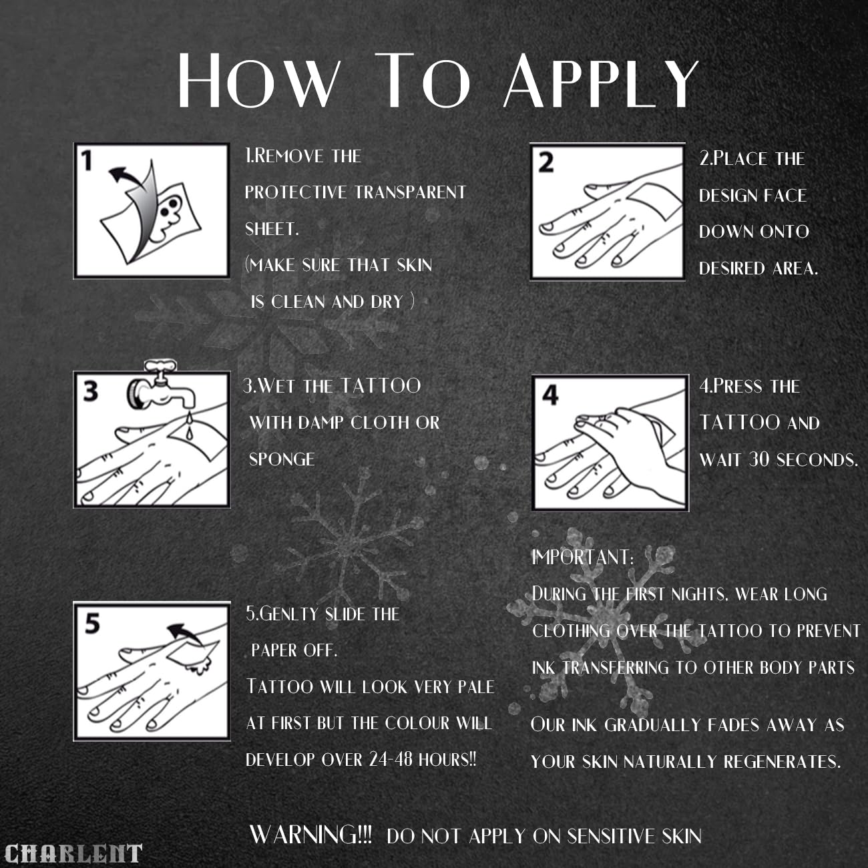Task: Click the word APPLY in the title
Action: point(601,81)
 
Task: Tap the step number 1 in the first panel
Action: point(87,160)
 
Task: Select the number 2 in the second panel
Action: point(546,163)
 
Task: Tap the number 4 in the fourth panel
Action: point(550,395)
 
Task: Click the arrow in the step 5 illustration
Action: point(186,634)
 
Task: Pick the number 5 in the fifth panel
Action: point(92,624)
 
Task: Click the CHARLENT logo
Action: point(73,853)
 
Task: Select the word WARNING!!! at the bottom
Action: point(310,834)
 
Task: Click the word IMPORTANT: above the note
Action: point(582,558)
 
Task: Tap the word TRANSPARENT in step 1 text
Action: point(410,192)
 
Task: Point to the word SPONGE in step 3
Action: point(282,459)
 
